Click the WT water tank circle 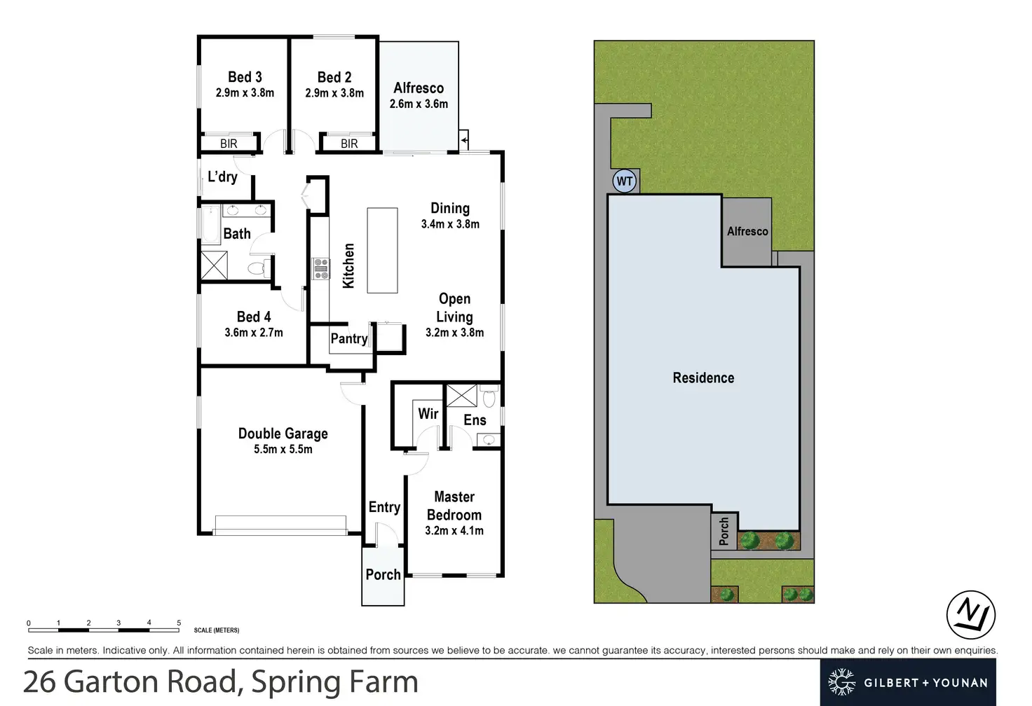(625, 181)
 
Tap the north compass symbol (971, 614)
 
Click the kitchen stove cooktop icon (320, 268)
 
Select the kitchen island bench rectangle (382, 250)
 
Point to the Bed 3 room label (245, 77)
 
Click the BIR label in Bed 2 (349, 144)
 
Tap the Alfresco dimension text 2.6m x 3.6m (419, 104)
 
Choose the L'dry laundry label (222, 176)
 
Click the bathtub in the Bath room (211, 225)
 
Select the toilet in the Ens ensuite (489, 397)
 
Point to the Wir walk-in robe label (428, 413)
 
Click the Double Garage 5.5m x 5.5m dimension (283, 449)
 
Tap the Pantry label (349, 339)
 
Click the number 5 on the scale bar (179, 623)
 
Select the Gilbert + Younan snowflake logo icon (842, 681)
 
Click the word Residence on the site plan (703, 378)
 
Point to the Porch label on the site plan (724, 531)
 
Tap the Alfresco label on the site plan (747, 231)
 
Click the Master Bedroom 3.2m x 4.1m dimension (454, 531)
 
